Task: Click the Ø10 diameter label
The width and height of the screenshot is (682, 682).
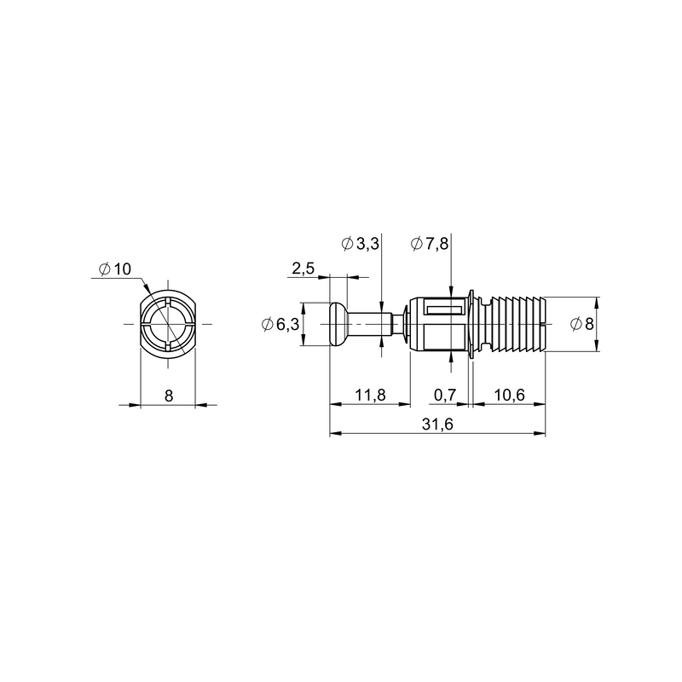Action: pos(115,269)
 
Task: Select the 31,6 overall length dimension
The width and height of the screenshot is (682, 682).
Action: pos(437,424)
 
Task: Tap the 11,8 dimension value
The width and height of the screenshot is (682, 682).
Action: pos(370,395)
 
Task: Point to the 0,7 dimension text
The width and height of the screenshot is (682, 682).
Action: pos(445,395)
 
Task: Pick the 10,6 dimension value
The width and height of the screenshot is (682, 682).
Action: pos(509,395)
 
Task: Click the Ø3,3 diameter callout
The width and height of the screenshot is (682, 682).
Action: pos(361,244)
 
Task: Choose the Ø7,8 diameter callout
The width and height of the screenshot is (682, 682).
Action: pos(430,244)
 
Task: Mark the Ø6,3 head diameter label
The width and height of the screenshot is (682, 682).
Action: pos(280,324)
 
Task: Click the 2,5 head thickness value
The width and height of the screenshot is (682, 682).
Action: pos(303,269)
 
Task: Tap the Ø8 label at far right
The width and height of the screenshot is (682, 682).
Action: pos(582,324)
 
